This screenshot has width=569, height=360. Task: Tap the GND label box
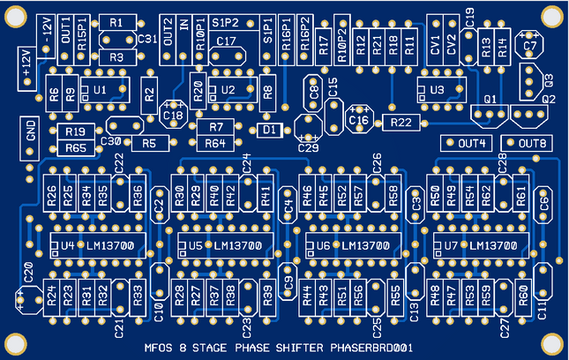pyautogui.click(x=30, y=134)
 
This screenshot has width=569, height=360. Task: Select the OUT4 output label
pyautogui.click(x=466, y=143)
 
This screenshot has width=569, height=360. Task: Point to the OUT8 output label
pyautogui.click(x=526, y=143)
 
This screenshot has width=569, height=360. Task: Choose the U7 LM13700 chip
pyautogui.click(x=476, y=244)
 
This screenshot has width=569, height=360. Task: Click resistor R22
pyautogui.click(x=401, y=123)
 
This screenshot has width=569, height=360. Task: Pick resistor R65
pyautogui.click(x=76, y=147)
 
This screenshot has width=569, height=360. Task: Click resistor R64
pyautogui.click(x=215, y=142)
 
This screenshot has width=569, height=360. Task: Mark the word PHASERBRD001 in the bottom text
pyautogui.click(x=371, y=348)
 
